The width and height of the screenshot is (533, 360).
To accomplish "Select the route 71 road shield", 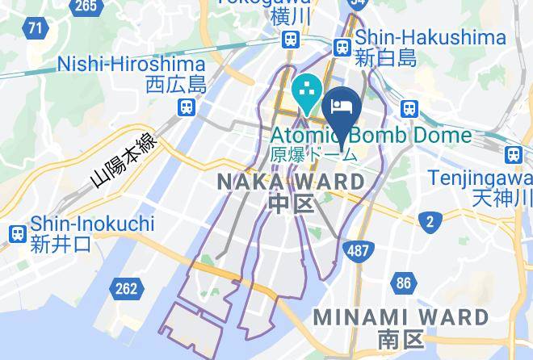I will (x=35, y=29).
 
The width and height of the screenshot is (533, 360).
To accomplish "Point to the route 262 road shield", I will (x=127, y=287).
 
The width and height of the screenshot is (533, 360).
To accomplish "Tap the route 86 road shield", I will (x=404, y=283).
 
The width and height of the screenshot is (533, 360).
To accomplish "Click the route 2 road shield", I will (x=431, y=220).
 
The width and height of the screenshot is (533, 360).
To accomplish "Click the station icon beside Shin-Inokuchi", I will (x=17, y=233).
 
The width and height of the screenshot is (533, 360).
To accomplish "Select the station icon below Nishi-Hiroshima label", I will (x=187, y=106).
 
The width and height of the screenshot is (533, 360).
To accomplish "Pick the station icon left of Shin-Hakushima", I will (x=342, y=47).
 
